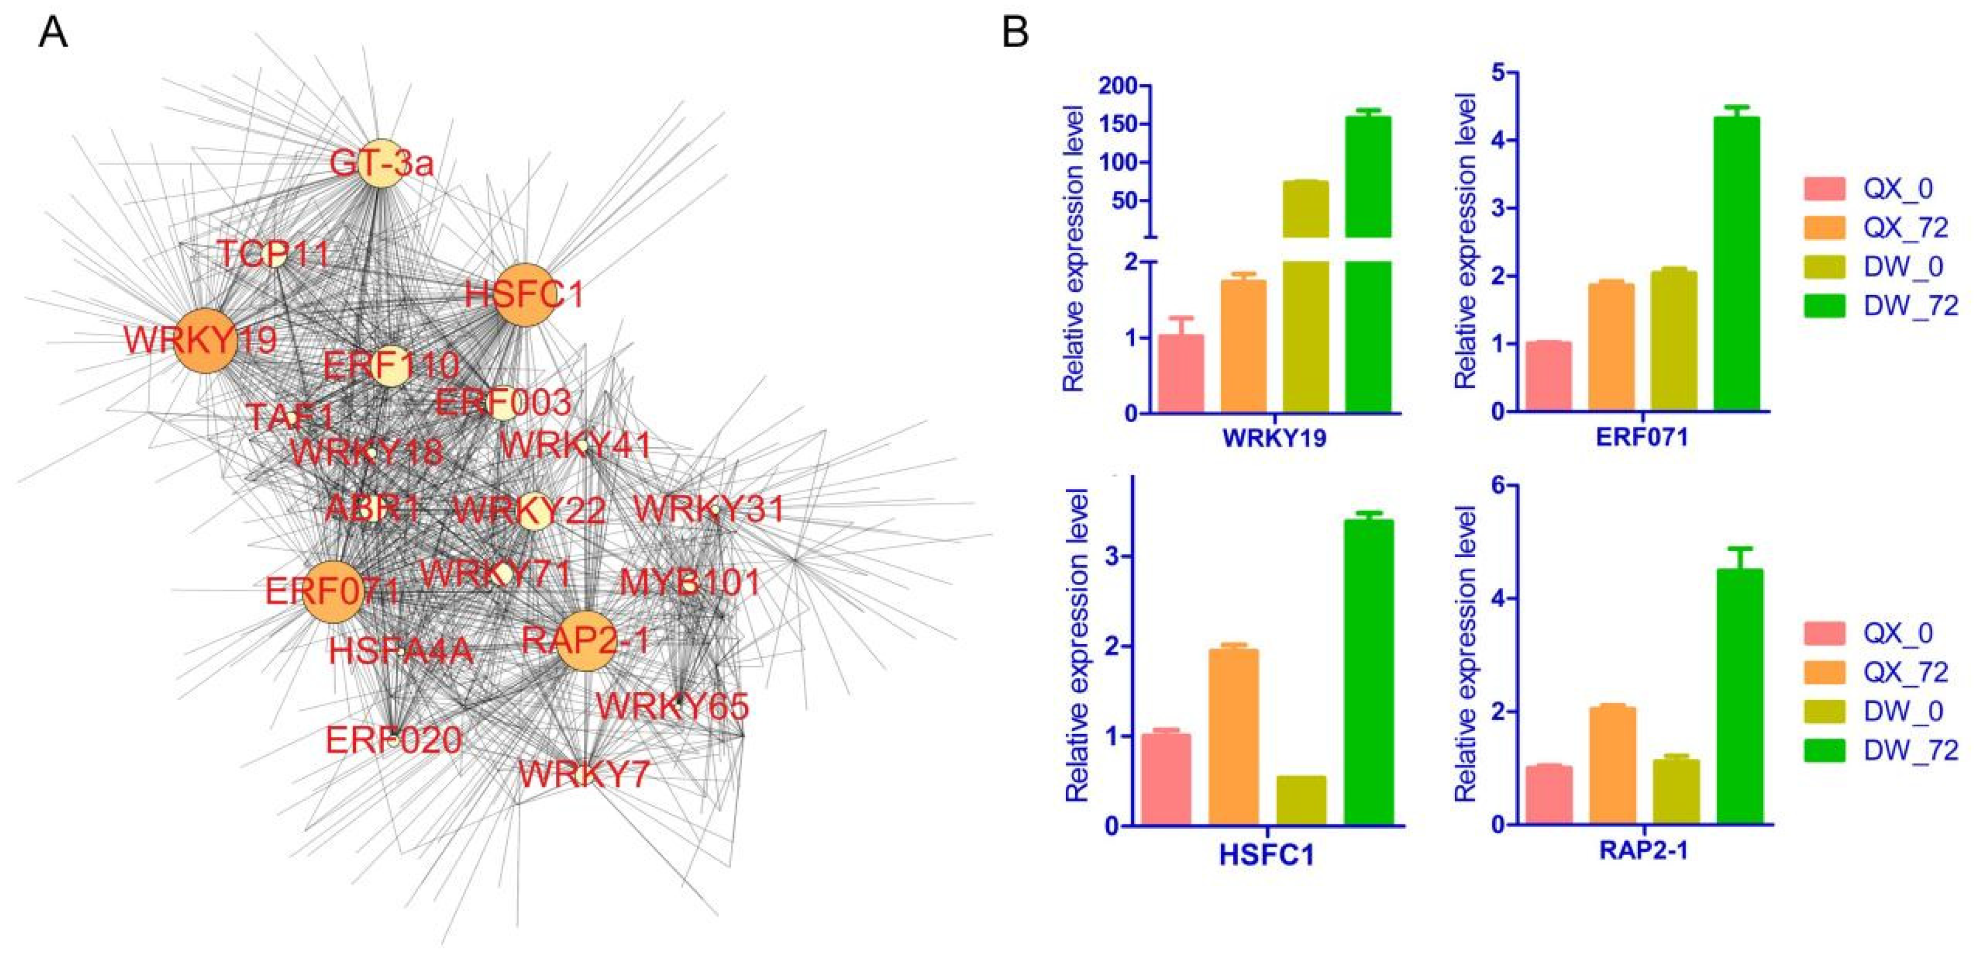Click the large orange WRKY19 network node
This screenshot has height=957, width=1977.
click(203, 341)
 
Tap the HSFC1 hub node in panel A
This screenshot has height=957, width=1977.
click(525, 296)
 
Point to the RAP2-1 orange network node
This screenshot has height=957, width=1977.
click(587, 641)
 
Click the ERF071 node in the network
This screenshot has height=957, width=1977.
click(332, 591)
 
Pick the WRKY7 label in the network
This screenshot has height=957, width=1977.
click(584, 774)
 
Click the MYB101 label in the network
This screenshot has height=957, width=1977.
click(690, 583)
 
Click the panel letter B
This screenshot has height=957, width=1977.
click(1016, 33)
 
